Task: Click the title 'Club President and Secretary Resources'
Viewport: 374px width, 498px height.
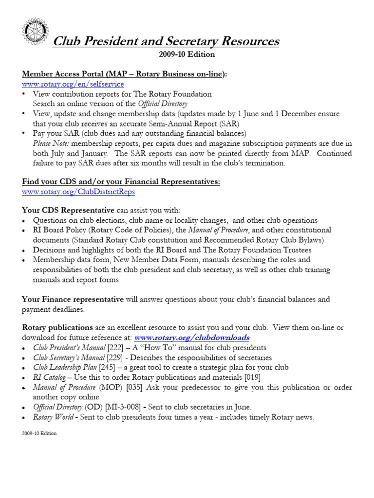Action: pyautogui.click(x=166, y=41)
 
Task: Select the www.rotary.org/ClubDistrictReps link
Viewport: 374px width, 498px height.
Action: pyautogui.click(x=78, y=192)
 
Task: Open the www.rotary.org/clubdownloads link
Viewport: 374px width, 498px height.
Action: pyautogui.click(x=192, y=337)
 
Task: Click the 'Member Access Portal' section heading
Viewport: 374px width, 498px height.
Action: pyautogui.click(x=125, y=73)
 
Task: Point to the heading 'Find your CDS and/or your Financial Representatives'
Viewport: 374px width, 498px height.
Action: pyautogui.click(x=121, y=181)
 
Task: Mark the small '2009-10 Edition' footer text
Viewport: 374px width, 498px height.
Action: pyautogui.click(x=39, y=433)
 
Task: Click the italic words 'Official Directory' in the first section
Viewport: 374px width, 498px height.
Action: pyautogui.click(x=163, y=104)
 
